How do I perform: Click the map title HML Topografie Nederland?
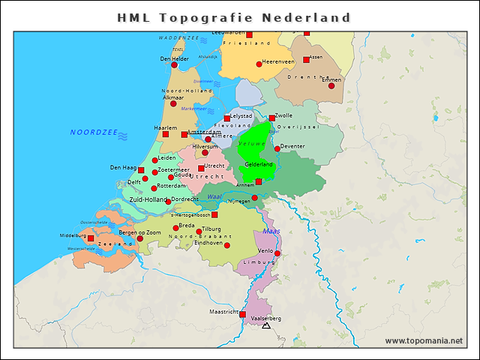pyautogui.click(x=234, y=17)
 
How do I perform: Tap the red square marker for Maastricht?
pyautogui.click(x=242, y=314)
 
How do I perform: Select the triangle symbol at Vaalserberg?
pyautogui.click(x=265, y=326)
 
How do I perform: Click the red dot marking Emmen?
pyautogui.click(x=331, y=85)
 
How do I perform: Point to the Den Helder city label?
pyautogui.click(x=174, y=58)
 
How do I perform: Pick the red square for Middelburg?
pyautogui.click(x=91, y=238)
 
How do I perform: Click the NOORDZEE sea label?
pyautogui.click(x=94, y=132)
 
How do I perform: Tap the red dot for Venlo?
pyautogui.click(x=277, y=253)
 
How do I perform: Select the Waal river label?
pyautogui.click(x=214, y=196)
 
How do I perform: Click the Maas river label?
pyautogui.click(x=271, y=231)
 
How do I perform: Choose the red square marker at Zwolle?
pyautogui.click(x=272, y=118)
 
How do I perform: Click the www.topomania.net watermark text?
pyautogui.click(x=424, y=340)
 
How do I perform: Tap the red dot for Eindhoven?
pyautogui.click(x=227, y=245)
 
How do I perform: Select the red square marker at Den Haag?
pyautogui.click(x=141, y=170)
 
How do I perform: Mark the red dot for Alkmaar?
pyautogui.click(x=173, y=103)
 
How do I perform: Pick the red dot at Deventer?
pyautogui.click(x=277, y=148)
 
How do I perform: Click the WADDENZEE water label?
pyautogui.click(x=178, y=37)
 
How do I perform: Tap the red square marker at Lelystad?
pyautogui.click(x=227, y=118)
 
